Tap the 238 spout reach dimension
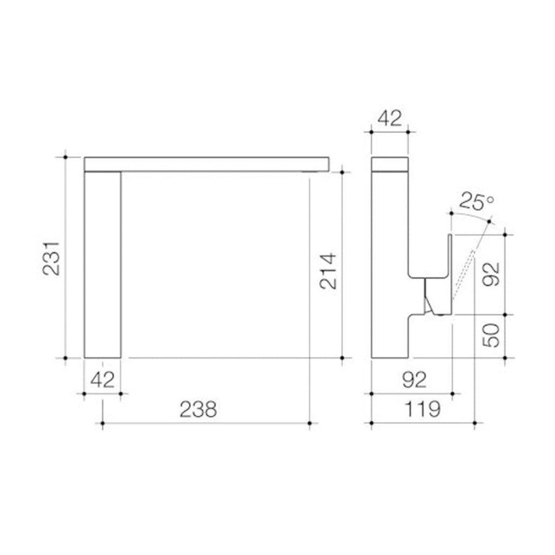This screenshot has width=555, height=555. (198, 409)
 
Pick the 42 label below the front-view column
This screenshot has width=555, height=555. (102, 379)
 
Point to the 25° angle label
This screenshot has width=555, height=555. (477, 202)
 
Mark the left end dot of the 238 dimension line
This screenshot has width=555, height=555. (102, 423)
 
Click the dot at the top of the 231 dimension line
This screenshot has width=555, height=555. (65, 157)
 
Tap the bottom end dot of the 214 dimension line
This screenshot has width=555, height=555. (341, 358)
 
